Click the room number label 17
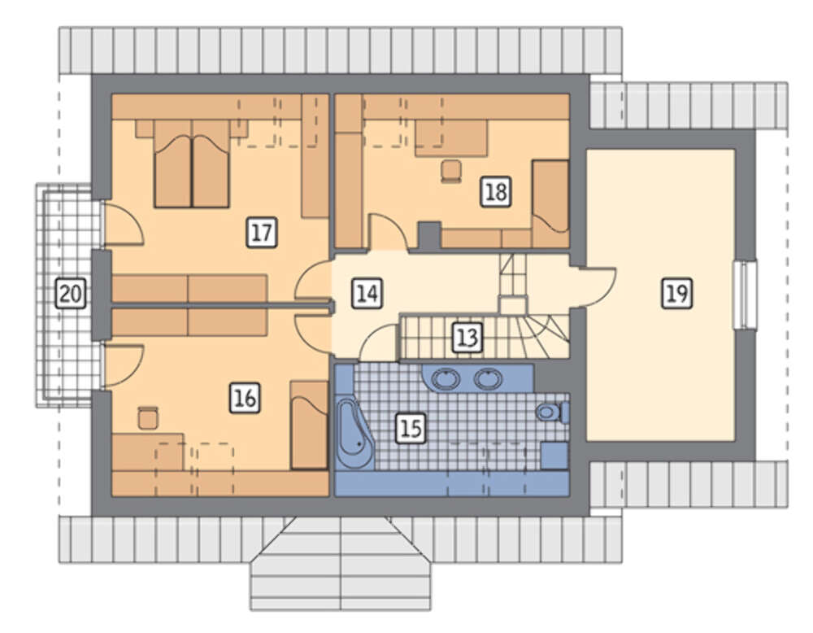coord(261,233)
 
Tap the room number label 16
coord(245,398)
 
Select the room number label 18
coord(495,192)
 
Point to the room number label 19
coord(676,294)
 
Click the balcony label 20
coord(71,293)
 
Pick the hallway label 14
coord(367,293)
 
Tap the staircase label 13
coord(467,338)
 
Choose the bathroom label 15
coord(411,429)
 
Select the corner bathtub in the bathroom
coord(354,434)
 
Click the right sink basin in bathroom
coord(488,379)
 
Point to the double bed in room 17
coord(192,164)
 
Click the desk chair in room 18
coord(451,171)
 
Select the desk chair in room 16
coord(148,417)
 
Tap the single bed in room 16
coord(309,425)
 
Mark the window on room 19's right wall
coord(745,295)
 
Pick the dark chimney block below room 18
coord(429,236)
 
